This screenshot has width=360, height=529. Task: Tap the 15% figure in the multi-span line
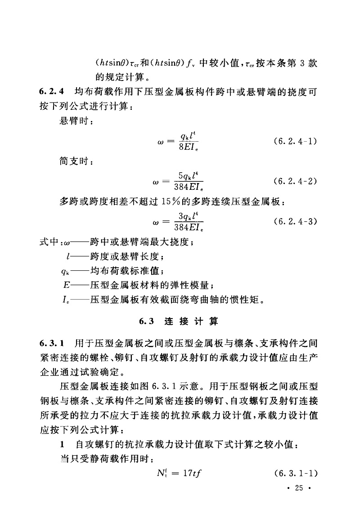[170, 202]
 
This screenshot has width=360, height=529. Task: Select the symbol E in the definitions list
[66, 285]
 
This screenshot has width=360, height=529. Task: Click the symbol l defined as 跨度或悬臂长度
[67, 257]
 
